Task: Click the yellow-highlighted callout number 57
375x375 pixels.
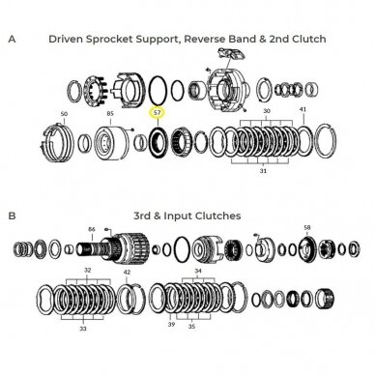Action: [158, 113]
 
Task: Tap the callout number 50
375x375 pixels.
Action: [64, 114]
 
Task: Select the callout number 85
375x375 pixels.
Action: [110, 113]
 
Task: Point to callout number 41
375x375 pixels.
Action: [303, 109]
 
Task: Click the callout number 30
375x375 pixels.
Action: [267, 111]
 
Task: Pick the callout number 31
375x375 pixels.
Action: [263, 171]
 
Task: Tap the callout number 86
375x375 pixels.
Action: [92, 229]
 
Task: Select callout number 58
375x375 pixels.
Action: [307, 227]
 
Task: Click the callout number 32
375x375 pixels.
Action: [88, 270]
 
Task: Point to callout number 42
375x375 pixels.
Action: [128, 272]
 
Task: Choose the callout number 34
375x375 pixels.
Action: [198, 271]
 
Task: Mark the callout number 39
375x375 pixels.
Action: [171, 324]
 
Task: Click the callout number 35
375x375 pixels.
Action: [191, 327]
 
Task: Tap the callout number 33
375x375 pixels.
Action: [83, 329]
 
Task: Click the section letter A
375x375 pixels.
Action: [12, 39]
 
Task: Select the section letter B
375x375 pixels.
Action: [12, 216]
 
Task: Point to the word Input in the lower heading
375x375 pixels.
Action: [178, 216]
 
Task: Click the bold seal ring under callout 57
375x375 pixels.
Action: [158, 142]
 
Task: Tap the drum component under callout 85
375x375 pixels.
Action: [111, 142]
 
